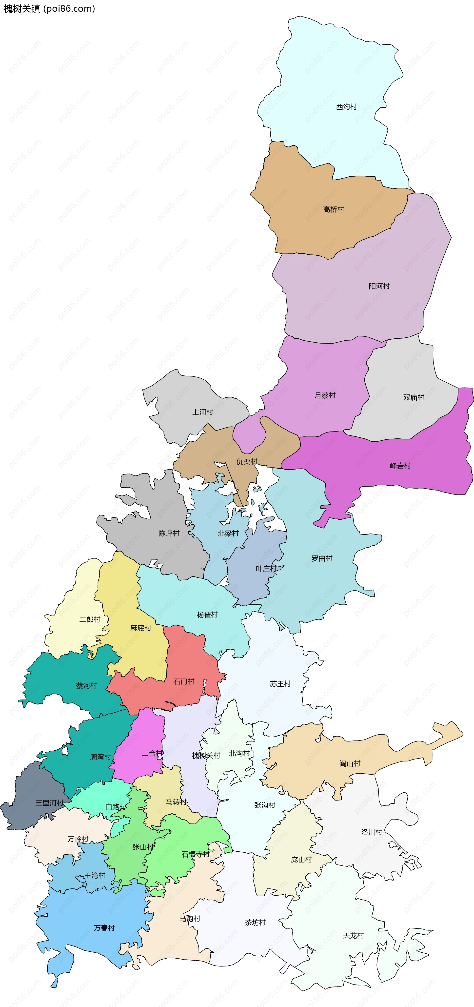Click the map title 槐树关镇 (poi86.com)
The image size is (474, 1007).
tap(49, 9)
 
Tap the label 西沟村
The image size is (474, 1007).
tap(346, 107)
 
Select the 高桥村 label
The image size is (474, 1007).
tap(333, 209)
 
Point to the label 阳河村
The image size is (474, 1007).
tap(379, 286)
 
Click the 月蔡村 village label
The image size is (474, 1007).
tap(325, 395)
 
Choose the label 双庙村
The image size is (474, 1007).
tap(414, 397)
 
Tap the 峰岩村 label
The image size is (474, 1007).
tap(400, 466)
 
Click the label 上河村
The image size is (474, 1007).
tap(202, 412)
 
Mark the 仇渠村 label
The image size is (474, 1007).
tap(247, 462)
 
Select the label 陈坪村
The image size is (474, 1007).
tap(169, 533)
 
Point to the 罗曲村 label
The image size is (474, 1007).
tap(322, 558)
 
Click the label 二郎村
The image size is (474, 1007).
tap(89, 619)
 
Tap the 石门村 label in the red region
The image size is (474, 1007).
tap(184, 681)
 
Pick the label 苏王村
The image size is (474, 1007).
tap(280, 684)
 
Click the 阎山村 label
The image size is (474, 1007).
tap(349, 763)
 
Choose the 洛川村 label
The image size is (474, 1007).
tap(371, 832)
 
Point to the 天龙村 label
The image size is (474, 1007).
tap(353, 935)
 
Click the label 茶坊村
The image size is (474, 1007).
tap(255, 923)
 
